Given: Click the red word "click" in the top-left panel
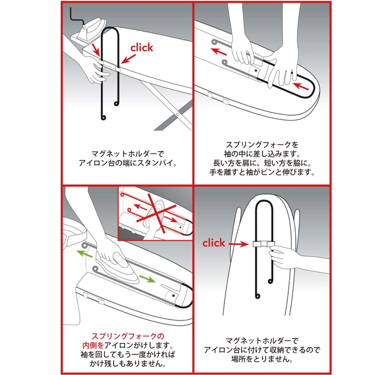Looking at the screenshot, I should point(141,48).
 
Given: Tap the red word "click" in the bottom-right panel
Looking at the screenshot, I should point(214,243).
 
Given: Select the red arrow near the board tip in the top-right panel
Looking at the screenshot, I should point(302,86).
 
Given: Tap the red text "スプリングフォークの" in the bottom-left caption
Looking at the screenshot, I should point(127,336).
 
